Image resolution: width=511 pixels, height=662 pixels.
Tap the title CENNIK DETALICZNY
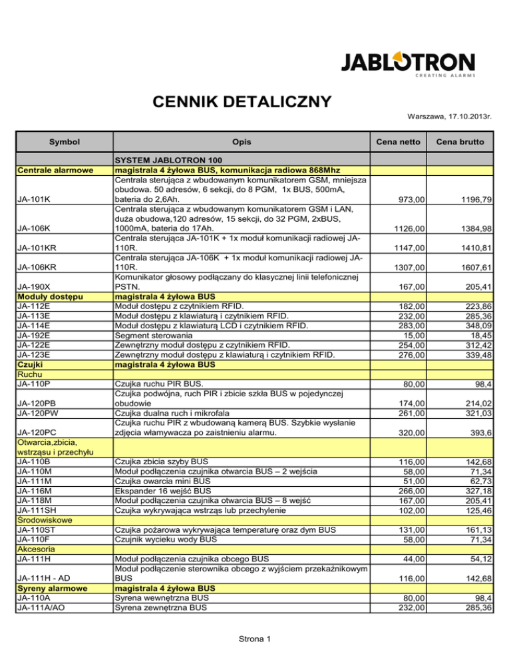242,102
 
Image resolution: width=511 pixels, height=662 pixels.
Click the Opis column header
241,143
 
